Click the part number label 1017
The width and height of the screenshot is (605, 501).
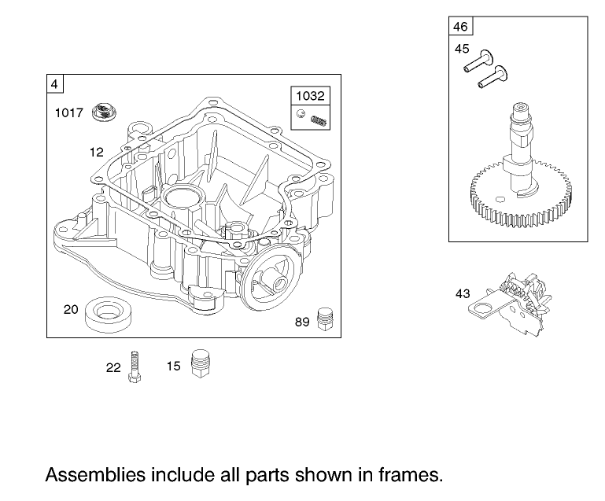click(x=68, y=113)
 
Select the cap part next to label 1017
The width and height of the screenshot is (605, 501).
click(x=102, y=112)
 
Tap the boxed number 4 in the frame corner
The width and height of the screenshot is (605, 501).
click(x=54, y=83)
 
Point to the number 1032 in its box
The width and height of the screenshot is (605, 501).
click(x=309, y=96)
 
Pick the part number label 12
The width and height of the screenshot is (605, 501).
click(x=97, y=152)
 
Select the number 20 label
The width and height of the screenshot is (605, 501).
click(x=71, y=310)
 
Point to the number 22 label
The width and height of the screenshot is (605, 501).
click(x=113, y=367)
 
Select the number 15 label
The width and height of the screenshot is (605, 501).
click(x=174, y=366)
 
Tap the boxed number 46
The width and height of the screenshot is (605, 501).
click(x=460, y=27)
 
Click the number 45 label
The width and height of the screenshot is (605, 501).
click(x=462, y=49)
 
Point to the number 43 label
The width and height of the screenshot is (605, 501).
click(x=463, y=294)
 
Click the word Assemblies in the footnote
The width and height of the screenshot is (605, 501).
click(x=94, y=474)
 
